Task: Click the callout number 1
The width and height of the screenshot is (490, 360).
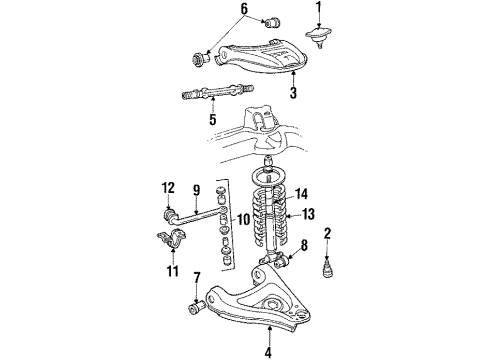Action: [x=320, y=12]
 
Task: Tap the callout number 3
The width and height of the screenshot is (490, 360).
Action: [x=294, y=95]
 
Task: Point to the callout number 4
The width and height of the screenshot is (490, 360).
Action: [x=269, y=350]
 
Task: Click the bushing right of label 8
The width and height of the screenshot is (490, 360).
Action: [x=286, y=262]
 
